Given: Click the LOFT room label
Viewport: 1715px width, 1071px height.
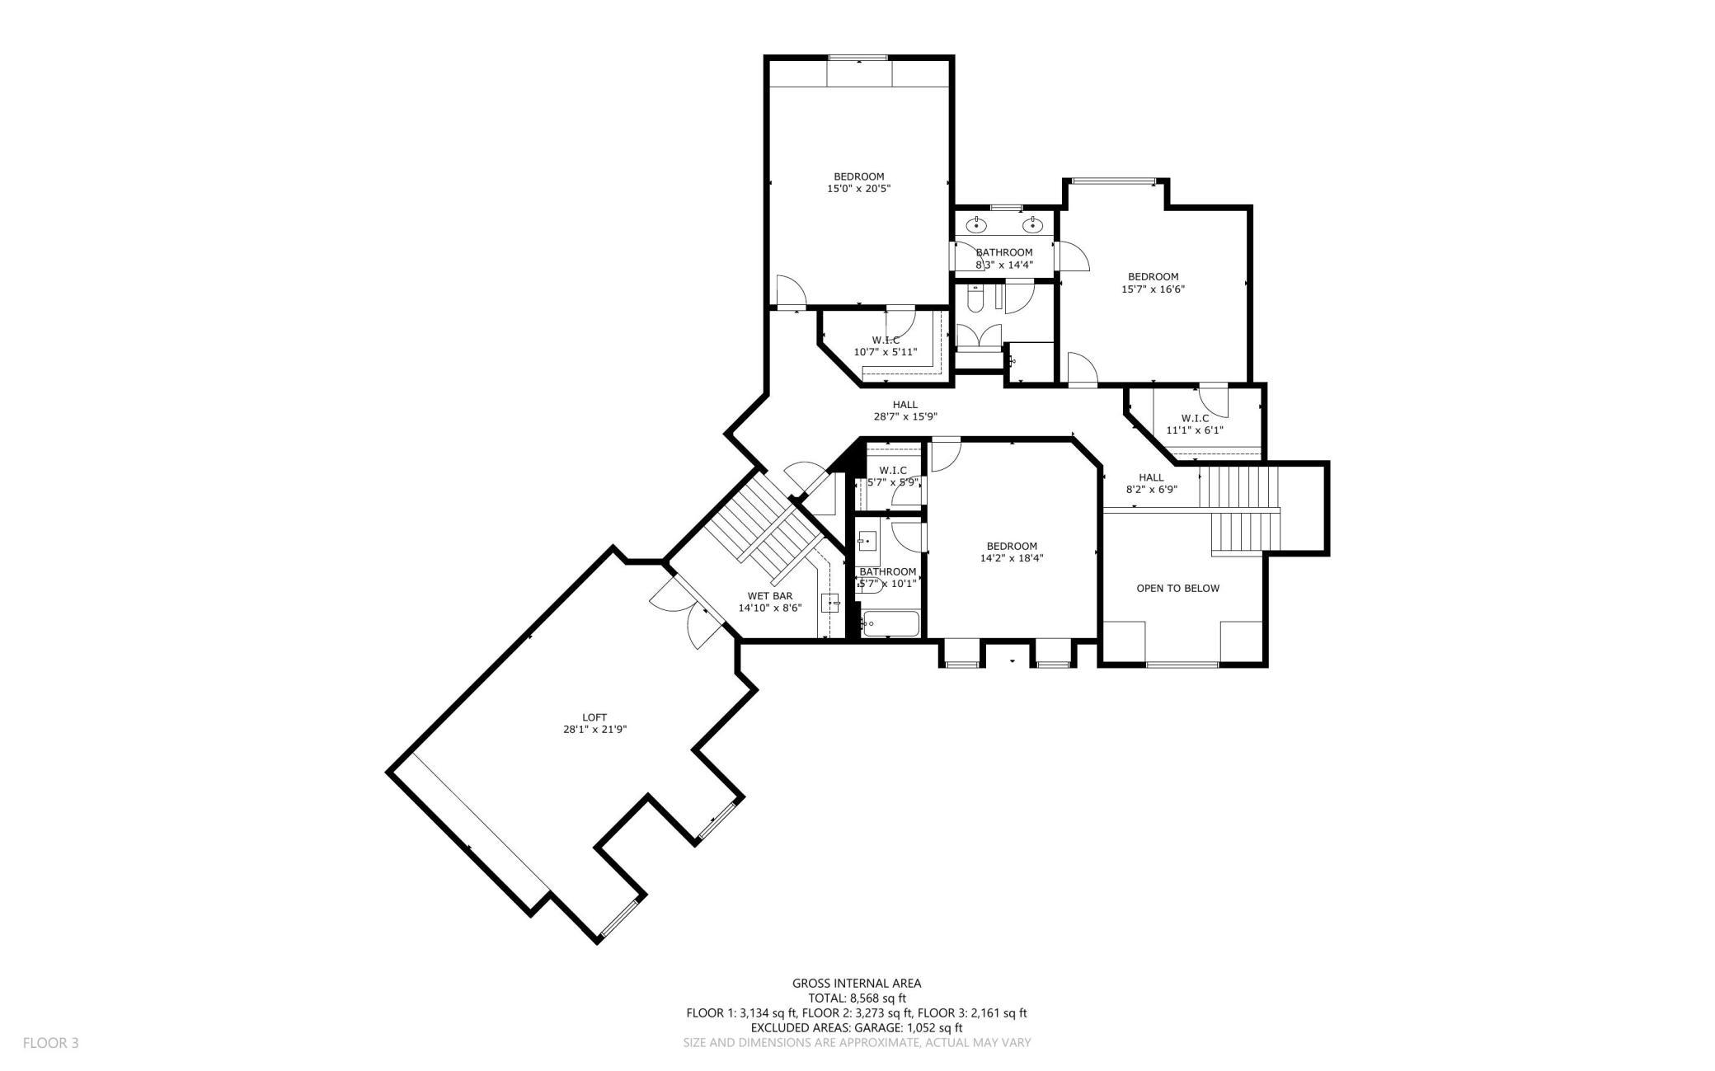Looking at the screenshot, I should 594,717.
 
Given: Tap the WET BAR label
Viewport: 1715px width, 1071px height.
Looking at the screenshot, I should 769,596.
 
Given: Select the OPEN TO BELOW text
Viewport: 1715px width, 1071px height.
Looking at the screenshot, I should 1177,588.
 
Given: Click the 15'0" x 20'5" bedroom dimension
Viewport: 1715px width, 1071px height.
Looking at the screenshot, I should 858,189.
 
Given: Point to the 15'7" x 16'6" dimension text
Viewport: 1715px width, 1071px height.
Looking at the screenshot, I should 1153,289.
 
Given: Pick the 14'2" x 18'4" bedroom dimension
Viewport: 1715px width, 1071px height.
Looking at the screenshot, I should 1012,558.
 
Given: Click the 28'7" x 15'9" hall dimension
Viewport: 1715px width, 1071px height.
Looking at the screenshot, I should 904,416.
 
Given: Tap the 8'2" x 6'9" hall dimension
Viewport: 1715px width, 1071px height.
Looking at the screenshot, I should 1151,489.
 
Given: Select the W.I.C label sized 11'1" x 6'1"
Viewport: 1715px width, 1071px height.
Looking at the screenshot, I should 1195,418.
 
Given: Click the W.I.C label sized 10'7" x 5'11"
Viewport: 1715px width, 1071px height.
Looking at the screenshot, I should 886,340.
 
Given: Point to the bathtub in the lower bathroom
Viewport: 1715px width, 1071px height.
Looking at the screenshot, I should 890,623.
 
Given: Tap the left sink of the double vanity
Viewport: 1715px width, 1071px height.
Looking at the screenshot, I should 977,224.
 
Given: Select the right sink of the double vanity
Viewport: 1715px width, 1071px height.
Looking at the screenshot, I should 1031,224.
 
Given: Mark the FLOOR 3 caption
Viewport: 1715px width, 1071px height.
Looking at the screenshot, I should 50,1043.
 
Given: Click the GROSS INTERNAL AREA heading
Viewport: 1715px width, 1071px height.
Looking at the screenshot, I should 857,983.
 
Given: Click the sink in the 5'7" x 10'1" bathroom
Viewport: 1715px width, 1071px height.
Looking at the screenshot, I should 867,541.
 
